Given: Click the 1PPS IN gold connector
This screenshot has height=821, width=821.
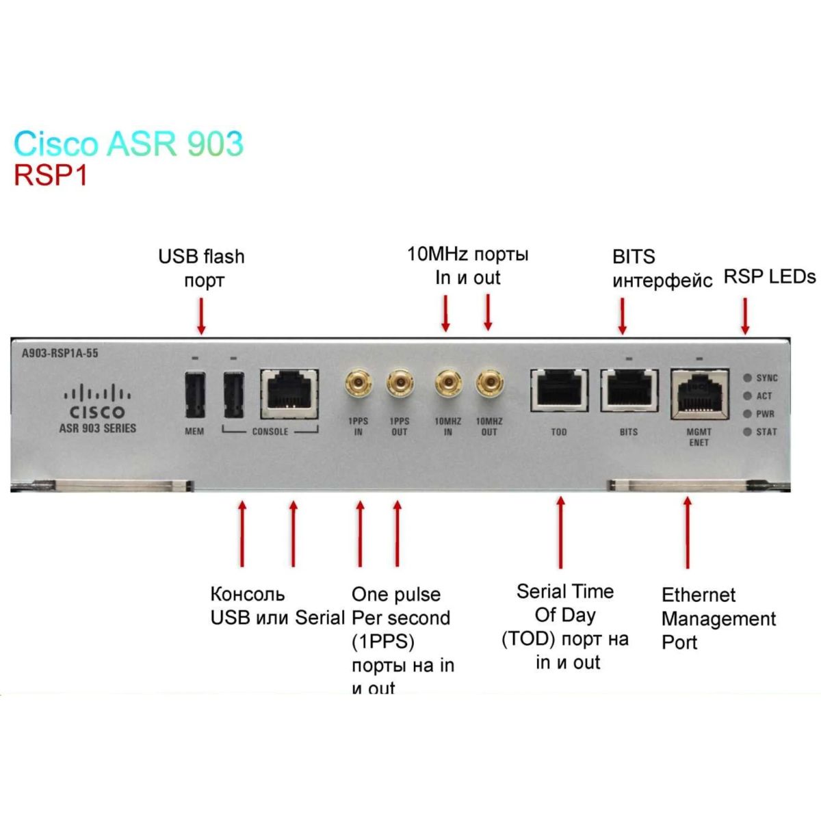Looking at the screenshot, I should tap(358, 383).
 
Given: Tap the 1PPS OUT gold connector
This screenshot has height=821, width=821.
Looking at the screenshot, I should tap(400, 383).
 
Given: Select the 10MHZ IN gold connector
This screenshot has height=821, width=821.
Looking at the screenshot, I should tap(447, 383).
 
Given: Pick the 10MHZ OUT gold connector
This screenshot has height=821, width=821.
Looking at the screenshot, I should tap(488, 383).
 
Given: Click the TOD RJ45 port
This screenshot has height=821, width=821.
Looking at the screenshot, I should tap(559, 391).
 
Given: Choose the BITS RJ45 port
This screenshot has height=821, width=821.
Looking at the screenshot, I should tap(629, 391).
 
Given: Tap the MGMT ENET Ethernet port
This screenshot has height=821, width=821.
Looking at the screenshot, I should tap(699, 393).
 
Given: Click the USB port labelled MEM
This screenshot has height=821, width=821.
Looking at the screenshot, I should tap(194, 395).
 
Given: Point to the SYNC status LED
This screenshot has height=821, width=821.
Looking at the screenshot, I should tap(748, 378).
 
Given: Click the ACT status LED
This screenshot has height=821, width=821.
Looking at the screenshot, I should tap(748, 395).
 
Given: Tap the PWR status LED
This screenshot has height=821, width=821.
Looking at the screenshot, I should tap(748, 413).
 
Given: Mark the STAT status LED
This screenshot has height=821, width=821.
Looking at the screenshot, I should tap(748, 432).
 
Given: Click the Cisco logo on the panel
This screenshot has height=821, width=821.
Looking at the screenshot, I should tap(97, 402).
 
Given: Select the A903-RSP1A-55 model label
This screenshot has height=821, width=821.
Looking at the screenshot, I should tap(60, 353).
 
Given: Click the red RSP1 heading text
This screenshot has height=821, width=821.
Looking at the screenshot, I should tap(51, 176).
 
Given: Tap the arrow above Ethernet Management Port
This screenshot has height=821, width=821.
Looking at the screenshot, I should tap(687, 533).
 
